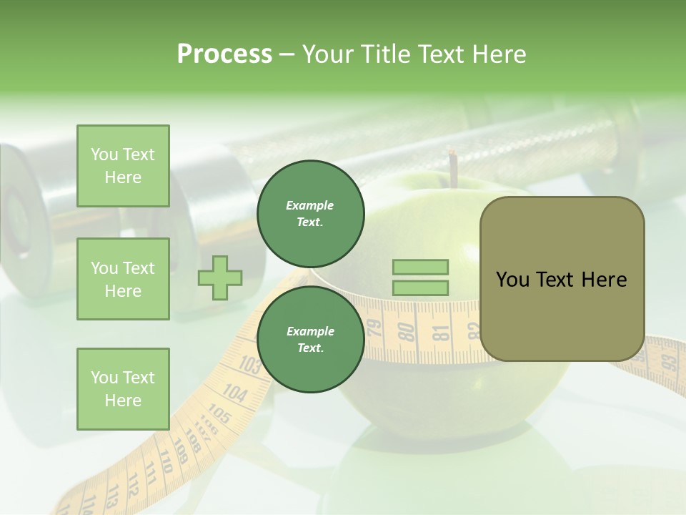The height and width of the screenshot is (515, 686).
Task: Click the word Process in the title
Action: click(224, 54)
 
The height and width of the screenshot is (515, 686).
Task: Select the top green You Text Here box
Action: click(123, 166)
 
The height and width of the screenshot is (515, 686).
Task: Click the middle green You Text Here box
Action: click(123, 279)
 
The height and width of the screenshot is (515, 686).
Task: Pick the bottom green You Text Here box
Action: click(123, 389)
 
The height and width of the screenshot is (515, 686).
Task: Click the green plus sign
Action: click(220, 278)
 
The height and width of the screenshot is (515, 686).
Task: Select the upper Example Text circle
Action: click(310, 213)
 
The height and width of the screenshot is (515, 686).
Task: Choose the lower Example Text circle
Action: click(310, 339)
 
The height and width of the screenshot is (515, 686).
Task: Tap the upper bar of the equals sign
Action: click(420, 268)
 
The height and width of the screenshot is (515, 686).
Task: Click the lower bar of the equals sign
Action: click(420, 288)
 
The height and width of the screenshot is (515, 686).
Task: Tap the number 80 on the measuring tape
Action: click(406, 330)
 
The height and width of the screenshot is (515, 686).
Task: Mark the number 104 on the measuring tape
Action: click(234, 393)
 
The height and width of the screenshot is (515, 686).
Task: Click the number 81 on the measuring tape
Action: click(440, 333)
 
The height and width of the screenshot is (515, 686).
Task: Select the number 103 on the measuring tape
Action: click(249, 366)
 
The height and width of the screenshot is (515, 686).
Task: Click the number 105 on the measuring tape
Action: click(219, 414)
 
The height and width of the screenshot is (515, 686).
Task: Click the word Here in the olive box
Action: click(604, 279)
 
